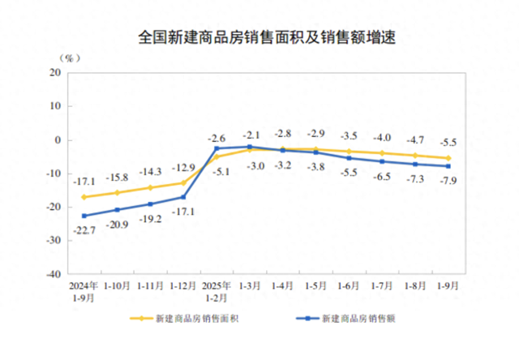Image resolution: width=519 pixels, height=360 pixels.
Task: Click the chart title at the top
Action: click(259, 37)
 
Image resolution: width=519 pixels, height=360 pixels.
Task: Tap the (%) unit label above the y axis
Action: click(70, 58)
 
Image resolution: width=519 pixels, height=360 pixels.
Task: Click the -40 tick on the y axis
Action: click(54, 275)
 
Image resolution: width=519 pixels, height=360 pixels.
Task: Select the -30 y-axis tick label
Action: click(54, 241)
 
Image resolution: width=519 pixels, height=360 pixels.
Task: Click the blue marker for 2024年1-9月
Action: click(84, 216)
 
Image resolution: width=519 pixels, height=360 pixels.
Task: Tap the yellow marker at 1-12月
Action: click(183, 183)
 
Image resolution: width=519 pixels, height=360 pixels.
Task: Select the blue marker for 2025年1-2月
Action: click(217, 148)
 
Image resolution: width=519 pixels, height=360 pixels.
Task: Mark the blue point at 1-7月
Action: click(382, 161)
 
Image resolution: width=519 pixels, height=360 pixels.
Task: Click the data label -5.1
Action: click(221, 171)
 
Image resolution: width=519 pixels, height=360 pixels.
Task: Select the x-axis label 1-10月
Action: click(117, 286)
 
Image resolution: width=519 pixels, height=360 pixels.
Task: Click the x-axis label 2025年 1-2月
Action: click(217, 291)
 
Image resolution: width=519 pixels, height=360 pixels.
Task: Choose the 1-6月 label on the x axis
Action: click(349, 286)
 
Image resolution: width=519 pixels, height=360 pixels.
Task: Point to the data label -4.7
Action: click(415, 140)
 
